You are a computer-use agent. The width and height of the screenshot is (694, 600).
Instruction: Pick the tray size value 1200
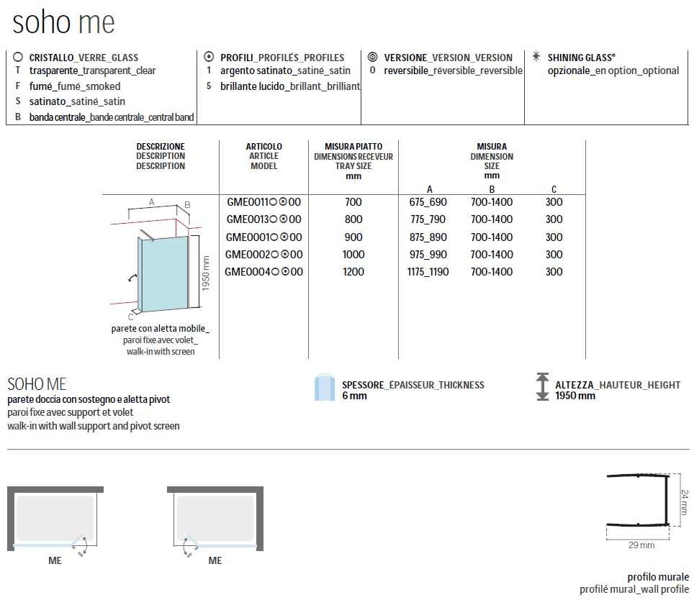point(353,272)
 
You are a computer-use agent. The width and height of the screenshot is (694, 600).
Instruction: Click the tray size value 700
point(353,202)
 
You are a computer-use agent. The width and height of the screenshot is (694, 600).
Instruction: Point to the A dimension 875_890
point(428,237)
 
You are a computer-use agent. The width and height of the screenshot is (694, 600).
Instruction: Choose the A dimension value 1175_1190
point(428,272)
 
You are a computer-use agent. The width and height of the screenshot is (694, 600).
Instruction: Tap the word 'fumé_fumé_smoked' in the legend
point(75,86)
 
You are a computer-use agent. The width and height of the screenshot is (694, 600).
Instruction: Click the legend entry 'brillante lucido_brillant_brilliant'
point(290,86)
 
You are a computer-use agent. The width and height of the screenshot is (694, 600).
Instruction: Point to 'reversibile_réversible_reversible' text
point(453,71)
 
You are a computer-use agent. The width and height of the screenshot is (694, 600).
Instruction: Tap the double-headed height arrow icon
point(541,387)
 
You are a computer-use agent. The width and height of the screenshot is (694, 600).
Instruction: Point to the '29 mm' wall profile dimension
point(640,545)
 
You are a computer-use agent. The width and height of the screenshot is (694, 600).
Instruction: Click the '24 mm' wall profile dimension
point(685,497)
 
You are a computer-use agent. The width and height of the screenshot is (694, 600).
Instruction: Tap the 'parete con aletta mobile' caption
point(158,328)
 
